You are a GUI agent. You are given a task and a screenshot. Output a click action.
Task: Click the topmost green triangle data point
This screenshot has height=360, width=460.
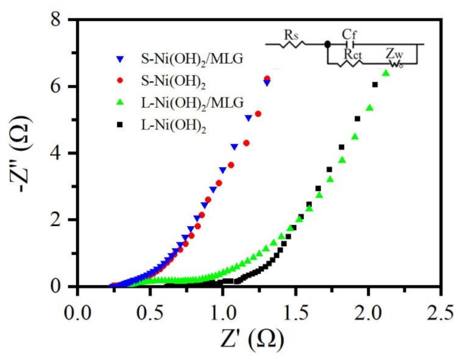click(x=386, y=73)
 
